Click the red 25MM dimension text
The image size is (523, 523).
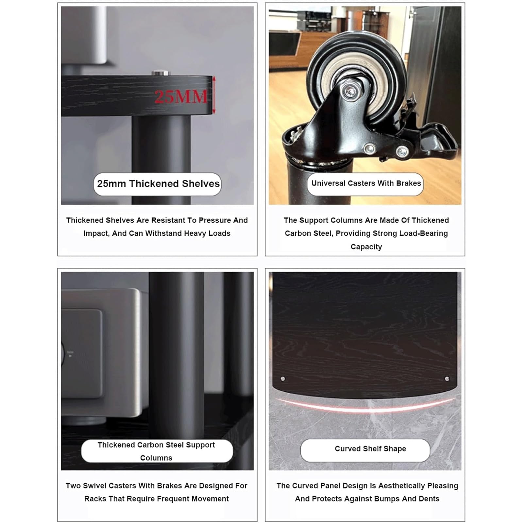point(181,96)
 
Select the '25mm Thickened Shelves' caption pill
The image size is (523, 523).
point(157,184)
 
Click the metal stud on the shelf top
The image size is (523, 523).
point(161,73)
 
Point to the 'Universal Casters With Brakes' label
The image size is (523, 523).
point(366,183)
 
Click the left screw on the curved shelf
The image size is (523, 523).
point(283,379)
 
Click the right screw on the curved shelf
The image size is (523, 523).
point(447,379)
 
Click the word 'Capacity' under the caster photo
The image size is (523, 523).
point(366,247)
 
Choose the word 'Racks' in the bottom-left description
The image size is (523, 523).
point(94,499)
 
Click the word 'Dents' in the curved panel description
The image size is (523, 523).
point(429,499)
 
